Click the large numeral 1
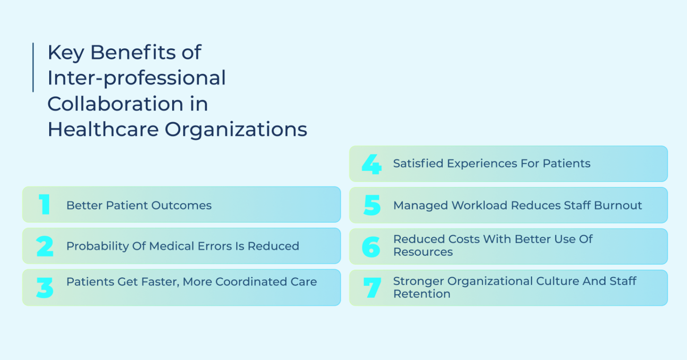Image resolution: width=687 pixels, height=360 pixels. click(44, 205)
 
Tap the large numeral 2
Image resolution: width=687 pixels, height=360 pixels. click(45, 246)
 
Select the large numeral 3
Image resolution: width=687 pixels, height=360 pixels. click(45, 288)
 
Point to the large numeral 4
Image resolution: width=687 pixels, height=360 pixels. click(371, 164)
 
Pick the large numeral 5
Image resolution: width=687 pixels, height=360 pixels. click(372, 205)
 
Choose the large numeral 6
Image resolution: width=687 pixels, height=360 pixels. click(372, 246)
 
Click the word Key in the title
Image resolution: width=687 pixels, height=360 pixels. click(66, 53)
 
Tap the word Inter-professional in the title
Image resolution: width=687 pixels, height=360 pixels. click(136, 78)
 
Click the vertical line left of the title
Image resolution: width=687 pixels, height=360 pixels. click(33, 68)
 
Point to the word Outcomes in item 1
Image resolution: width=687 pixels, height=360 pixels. click(181, 206)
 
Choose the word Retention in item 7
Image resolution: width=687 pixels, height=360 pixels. click(422, 294)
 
